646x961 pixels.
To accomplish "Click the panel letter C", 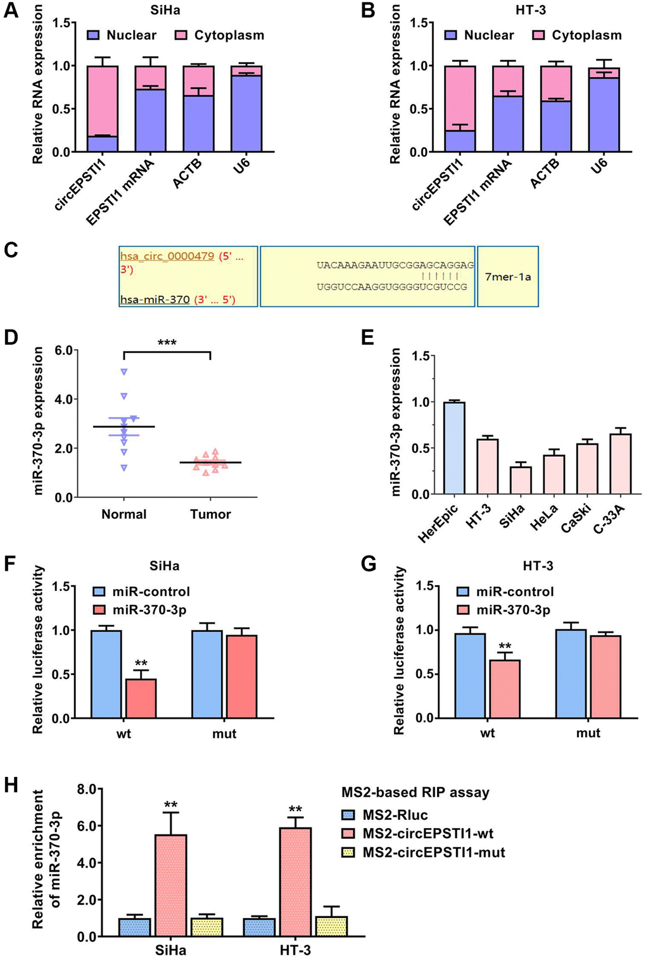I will pyautogui.click(x=11, y=250).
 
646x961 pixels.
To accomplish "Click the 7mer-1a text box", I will pyautogui.click(x=508, y=276).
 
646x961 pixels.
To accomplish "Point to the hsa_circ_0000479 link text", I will pyautogui.click(x=167, y=256).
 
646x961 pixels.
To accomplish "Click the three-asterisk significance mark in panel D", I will pyautogui.click(x=167, y=343).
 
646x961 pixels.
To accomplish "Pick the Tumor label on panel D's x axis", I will pyautogui.click(x=210, y=514).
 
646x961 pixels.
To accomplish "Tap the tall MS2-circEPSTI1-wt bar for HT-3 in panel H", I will pyautogui.click(x=295, y=881).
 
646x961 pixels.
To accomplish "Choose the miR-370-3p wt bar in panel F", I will pyautogui.click(x=141, y=698).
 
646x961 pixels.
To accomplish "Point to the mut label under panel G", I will pyautogui.click(x=588, y=733).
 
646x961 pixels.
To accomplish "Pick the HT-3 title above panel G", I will pyautogui.click(x=538, y=566).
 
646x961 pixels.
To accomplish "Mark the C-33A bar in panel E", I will pyautogui.click(x=620, y=464).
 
